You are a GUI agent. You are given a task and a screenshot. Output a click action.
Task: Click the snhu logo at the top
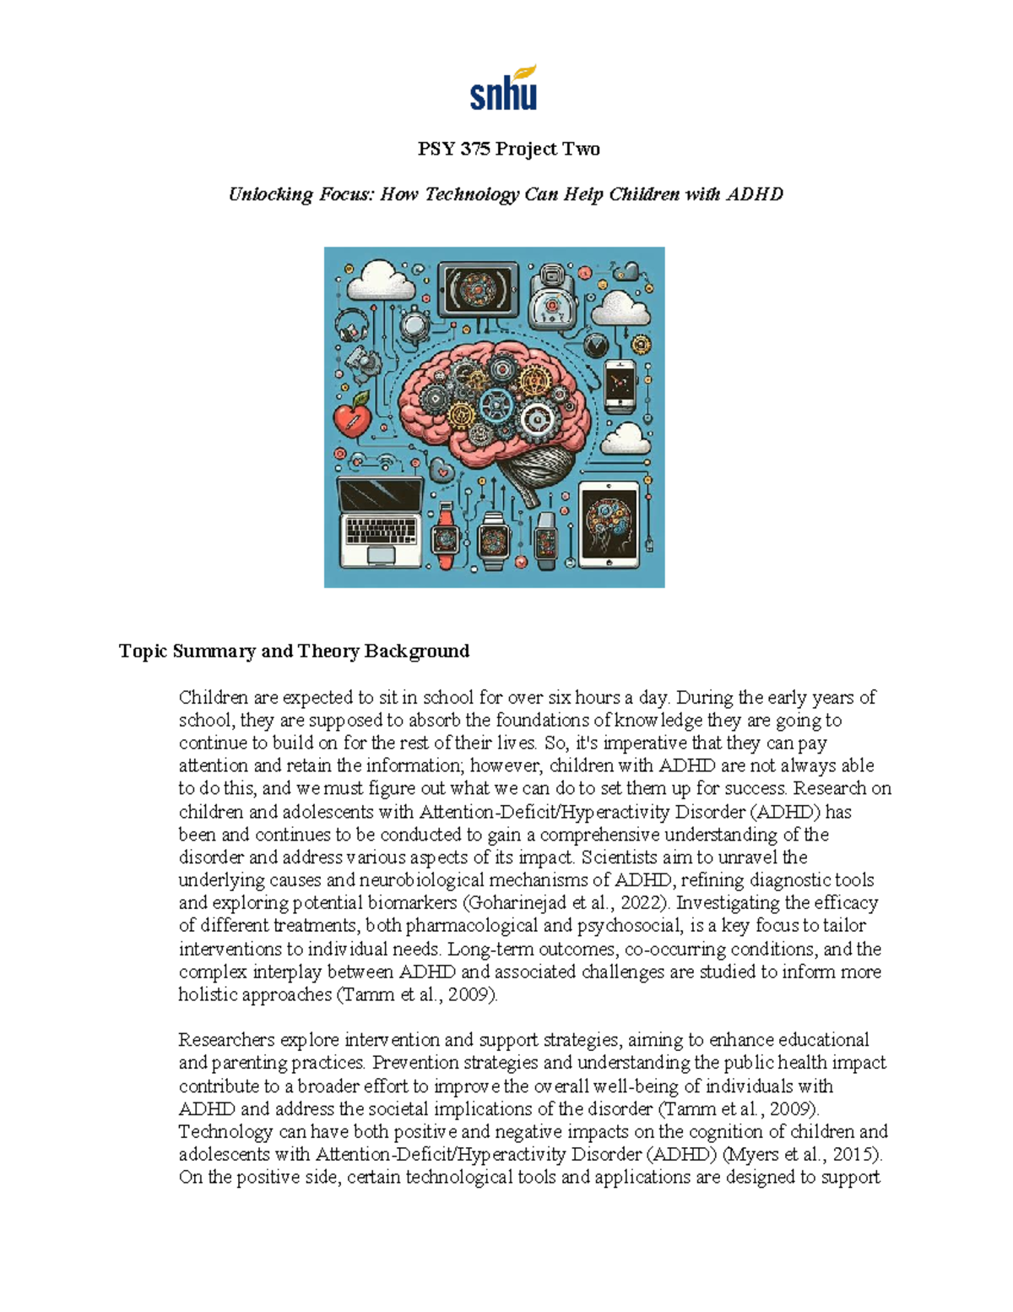point(504,89)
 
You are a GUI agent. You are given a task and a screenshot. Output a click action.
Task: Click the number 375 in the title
point(475,150)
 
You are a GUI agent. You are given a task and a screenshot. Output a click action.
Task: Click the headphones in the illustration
point(350,324)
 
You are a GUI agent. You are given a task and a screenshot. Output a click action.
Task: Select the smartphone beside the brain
point(620,385)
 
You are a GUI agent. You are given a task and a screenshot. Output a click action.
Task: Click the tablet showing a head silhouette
point(609,525)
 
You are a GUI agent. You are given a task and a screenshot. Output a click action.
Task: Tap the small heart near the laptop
point(441,470)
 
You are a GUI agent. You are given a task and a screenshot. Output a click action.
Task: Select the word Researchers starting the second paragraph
point(226,1040)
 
